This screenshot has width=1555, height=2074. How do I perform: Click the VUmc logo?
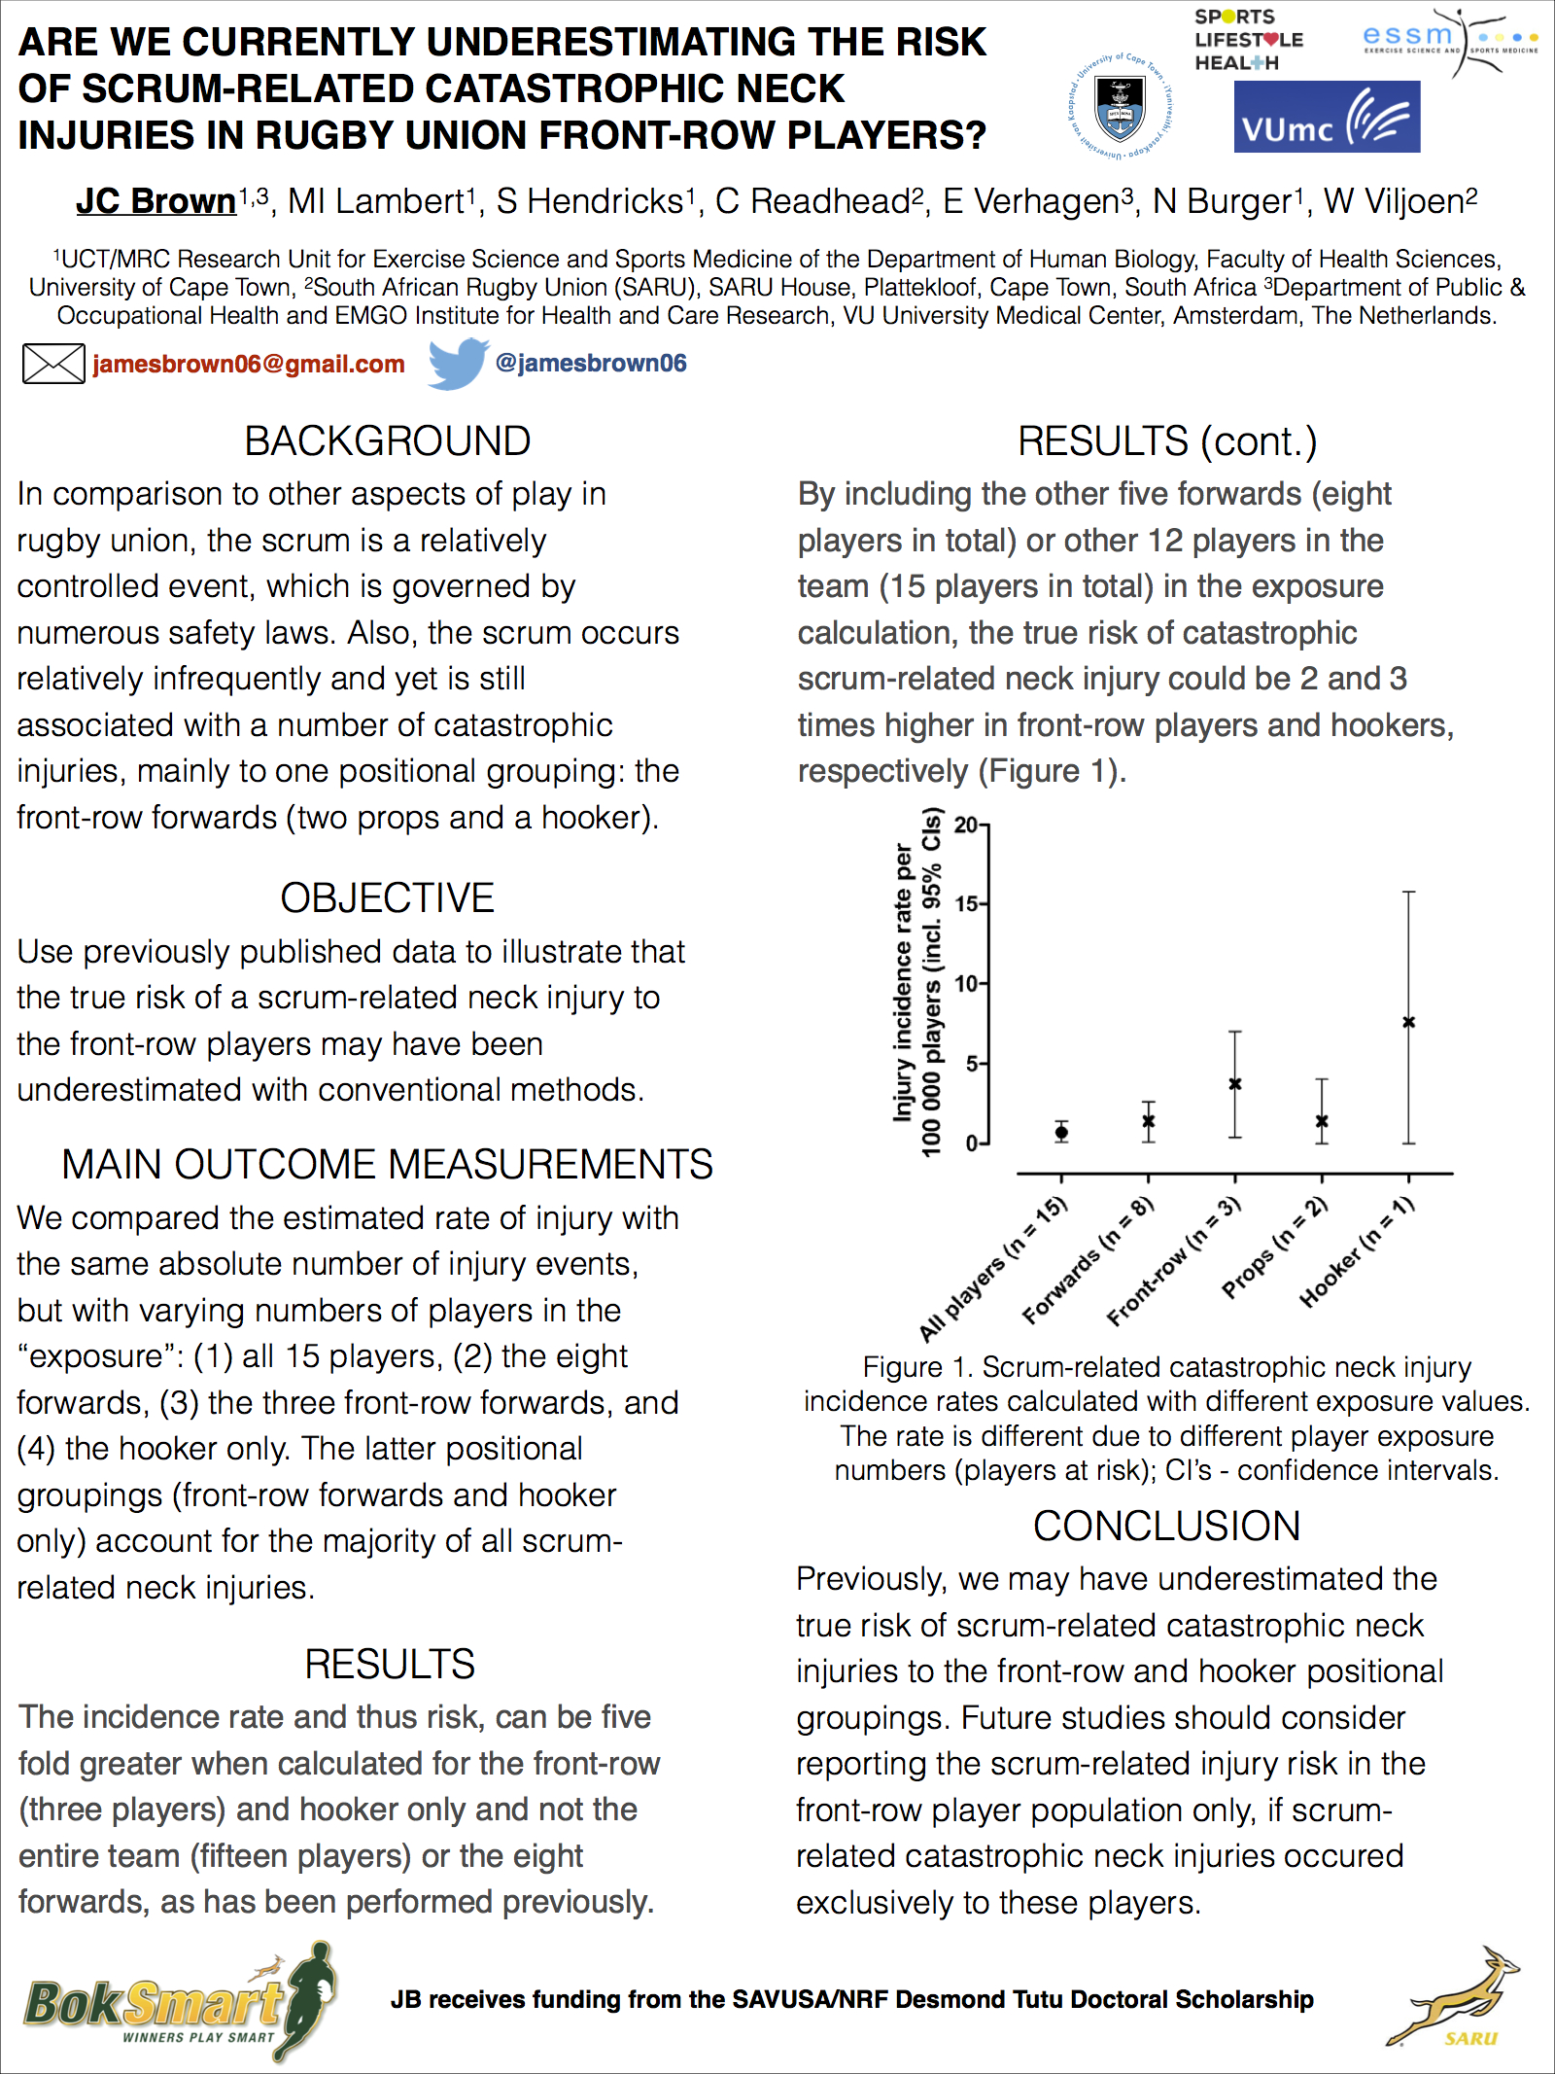click(1327, 117)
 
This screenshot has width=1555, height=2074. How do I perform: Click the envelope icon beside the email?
click(53, 364)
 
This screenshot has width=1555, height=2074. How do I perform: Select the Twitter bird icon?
click(458, 363)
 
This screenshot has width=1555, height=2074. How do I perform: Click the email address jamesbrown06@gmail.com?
click(249, 364)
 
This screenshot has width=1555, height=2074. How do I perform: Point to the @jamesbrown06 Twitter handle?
click(590, 363)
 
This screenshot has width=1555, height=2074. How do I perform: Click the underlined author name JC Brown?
click(156, 201)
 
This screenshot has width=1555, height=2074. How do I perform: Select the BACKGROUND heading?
click(387, 441)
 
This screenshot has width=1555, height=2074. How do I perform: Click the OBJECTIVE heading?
click(387, 897)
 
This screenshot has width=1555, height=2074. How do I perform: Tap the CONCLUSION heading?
click(1166, 1526)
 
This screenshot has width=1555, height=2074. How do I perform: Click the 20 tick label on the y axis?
click(966, 826)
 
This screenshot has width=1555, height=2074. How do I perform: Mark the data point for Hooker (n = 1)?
click(1408, 1022)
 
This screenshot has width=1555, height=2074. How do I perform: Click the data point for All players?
click(1061, 1132)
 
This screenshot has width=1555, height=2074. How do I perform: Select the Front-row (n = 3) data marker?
click(1235, 1083)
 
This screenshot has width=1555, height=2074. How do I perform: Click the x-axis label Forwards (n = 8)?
click(1088, 1261)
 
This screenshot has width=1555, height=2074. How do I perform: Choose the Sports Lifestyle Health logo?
click(1249, 40)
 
